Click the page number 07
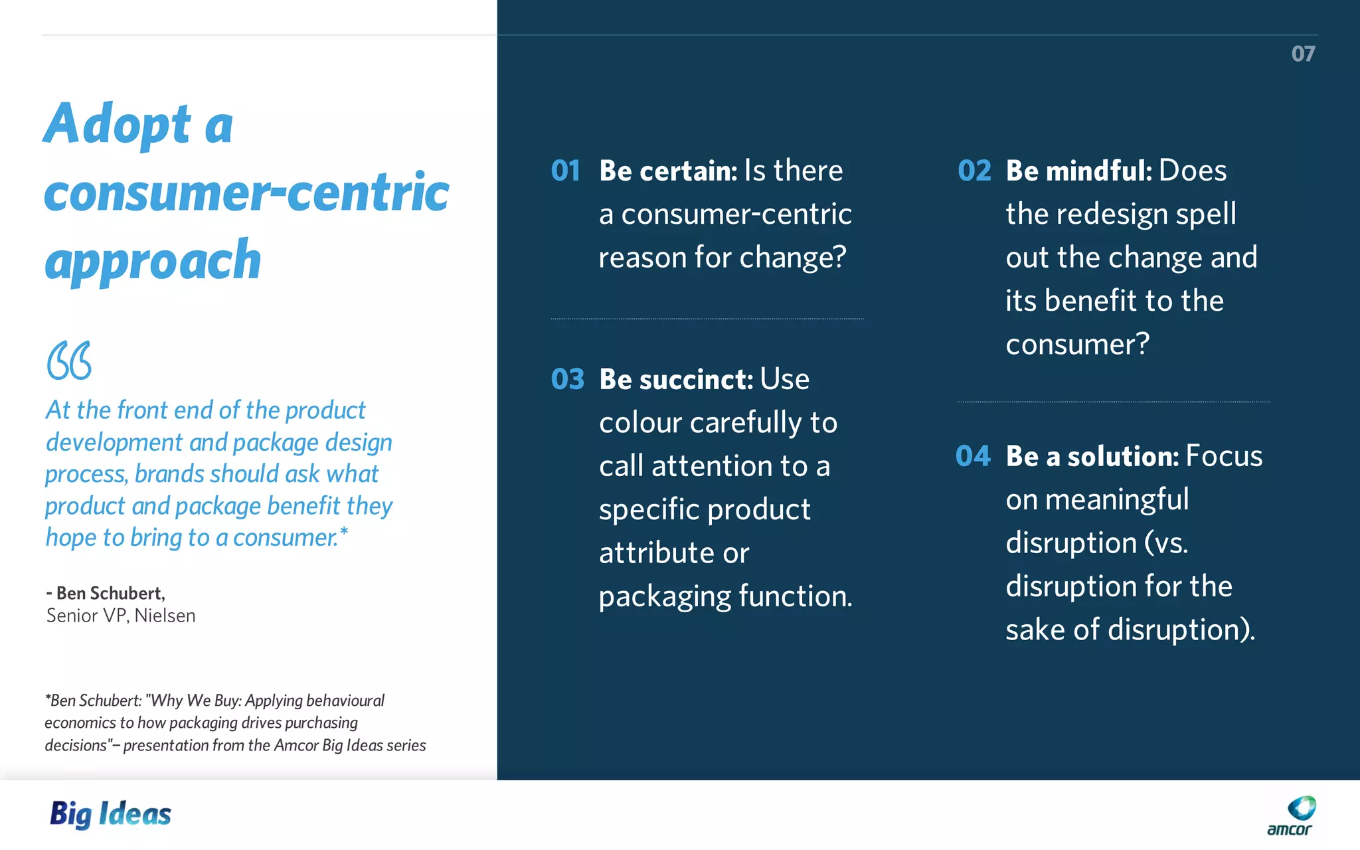click(1303, 54)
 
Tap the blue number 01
click(566, 171)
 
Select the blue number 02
click(974, 171)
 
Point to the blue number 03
click(568, 379)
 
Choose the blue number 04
click(973, 456)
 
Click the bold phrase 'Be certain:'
click(668, 171)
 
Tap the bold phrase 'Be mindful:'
click(1078, 171)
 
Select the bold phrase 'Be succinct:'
click(676, 379)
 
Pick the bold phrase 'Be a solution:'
click(1092, 456)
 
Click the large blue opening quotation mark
click(69, 361)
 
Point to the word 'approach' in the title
click(153, 260)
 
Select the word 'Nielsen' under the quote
click(165, 616)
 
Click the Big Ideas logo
click(111, 814)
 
